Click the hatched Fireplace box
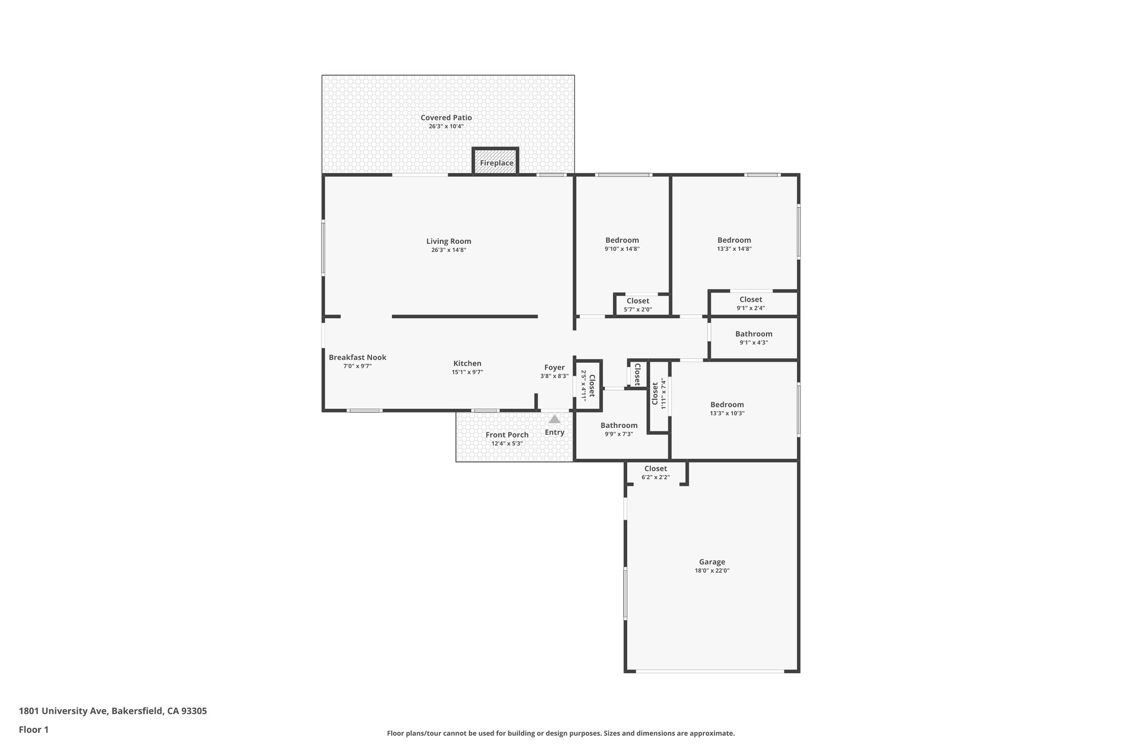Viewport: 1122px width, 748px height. coord(496,163)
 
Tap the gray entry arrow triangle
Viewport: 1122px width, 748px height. coord(554,419)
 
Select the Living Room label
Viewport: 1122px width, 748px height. coord(449,241)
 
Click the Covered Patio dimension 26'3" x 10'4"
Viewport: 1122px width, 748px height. coord(446,127)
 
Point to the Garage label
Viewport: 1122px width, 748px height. coord(712,562)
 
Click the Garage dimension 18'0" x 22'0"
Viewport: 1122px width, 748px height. coord(712,570)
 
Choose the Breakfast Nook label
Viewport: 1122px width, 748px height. coord(357,357)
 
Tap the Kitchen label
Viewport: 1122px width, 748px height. coord(467,363)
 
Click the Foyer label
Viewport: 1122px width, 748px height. coord(554,368)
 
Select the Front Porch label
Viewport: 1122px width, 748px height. coord(507,435)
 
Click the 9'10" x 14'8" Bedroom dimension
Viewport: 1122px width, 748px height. coord(622,249)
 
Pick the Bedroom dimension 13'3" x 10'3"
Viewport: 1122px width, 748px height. coord(727,414)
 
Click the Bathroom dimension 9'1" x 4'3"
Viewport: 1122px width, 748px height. coord(753,343)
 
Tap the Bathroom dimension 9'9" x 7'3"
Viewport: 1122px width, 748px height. coord(619,434)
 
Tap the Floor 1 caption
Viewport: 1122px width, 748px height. coord(34,730)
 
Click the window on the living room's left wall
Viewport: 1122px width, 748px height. coord(323,248)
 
